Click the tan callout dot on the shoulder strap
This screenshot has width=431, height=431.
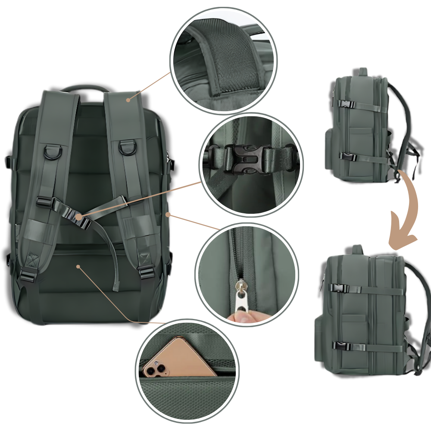pyautogui.click(x=128, y=100)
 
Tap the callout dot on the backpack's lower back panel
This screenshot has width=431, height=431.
pyautogui.click(x=78, y=266)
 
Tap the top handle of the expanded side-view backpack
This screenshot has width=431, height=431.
pyautogui.click(x=358, y=249)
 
